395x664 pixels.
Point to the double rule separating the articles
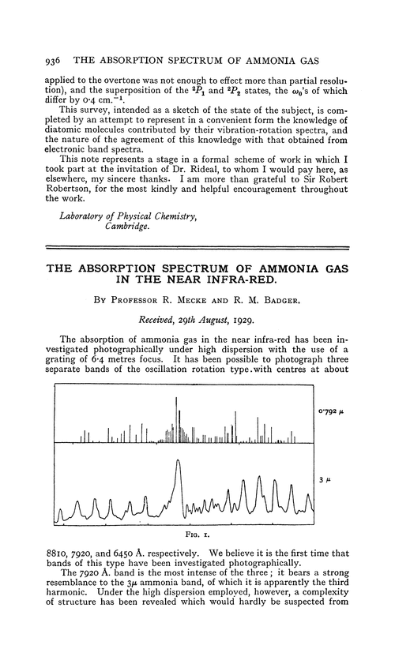[197, 247]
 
